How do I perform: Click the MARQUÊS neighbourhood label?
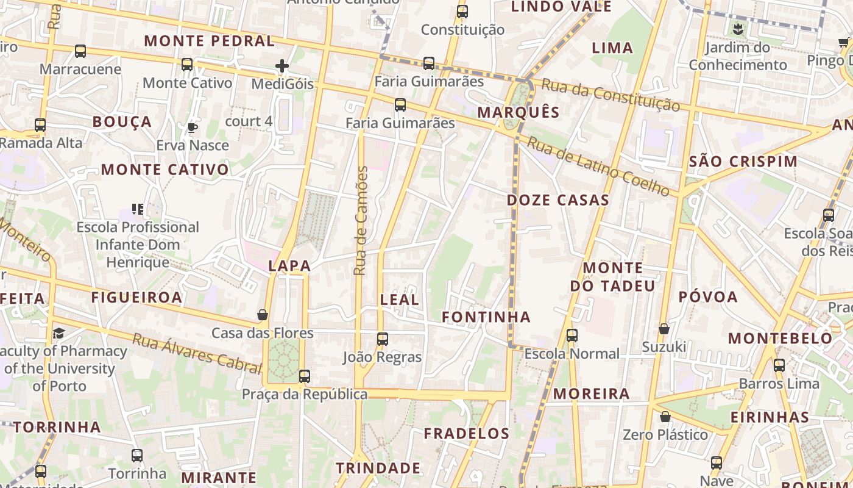[519, 112]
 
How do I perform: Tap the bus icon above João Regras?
[383, 339]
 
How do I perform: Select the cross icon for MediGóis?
[282, 66]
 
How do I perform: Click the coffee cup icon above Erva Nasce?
[193, 127]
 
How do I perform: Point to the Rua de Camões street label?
[361, 221]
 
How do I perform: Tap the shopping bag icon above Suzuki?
[664, 329]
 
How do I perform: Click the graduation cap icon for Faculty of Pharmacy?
[58, 333]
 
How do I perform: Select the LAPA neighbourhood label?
[289, 266]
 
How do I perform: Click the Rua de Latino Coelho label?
[598, 166]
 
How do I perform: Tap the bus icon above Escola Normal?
[572, 335]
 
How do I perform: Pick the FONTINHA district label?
[486, 317]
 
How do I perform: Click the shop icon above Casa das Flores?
[263, 315]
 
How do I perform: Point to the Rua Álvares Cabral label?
[197, 353]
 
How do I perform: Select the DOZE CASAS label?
[558, 200]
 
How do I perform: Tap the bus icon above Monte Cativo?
[187, 65]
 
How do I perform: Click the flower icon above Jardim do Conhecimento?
[738, 29]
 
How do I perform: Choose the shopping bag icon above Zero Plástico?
[665, 417]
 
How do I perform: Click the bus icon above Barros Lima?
[779, 366]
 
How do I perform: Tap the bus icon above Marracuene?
[80, 51]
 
